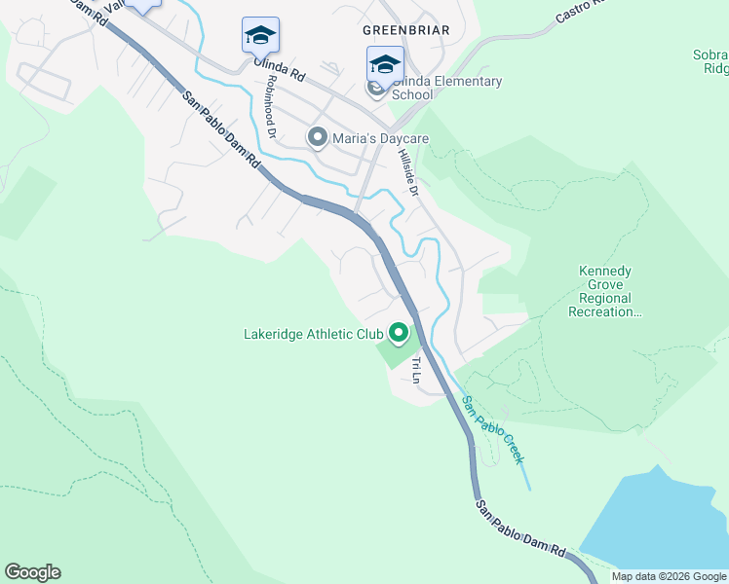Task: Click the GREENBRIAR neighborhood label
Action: point(405,30)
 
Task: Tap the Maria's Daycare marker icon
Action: point(317,138)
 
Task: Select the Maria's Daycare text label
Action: point(380,139)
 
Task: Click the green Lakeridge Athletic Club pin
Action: point(399,334)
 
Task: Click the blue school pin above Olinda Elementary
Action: point(385,64)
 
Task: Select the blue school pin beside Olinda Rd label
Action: point(260,35)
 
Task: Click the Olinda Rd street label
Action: point(280,69)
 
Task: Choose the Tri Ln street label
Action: point(415,370)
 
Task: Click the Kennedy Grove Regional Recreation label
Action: point(605,292)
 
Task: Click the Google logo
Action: point(32,572)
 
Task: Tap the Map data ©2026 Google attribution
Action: point(669,576)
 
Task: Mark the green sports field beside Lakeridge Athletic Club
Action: point(401,352)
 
